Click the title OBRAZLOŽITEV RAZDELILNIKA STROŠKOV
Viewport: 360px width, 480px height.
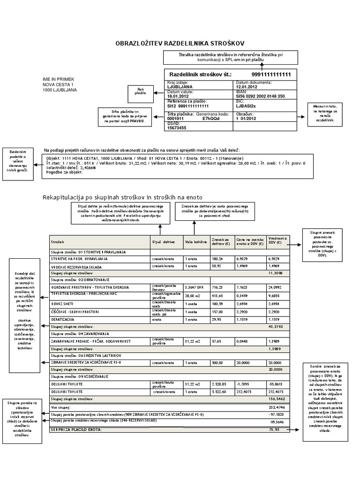click(180, 43)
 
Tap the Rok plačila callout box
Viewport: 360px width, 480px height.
click(139, 91)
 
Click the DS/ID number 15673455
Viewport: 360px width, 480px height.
click(177, 127)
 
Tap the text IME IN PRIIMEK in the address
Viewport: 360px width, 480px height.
click(59, 79)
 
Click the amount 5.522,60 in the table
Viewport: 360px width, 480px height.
click(220, 391)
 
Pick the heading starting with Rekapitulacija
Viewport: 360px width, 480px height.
click(123, 197)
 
